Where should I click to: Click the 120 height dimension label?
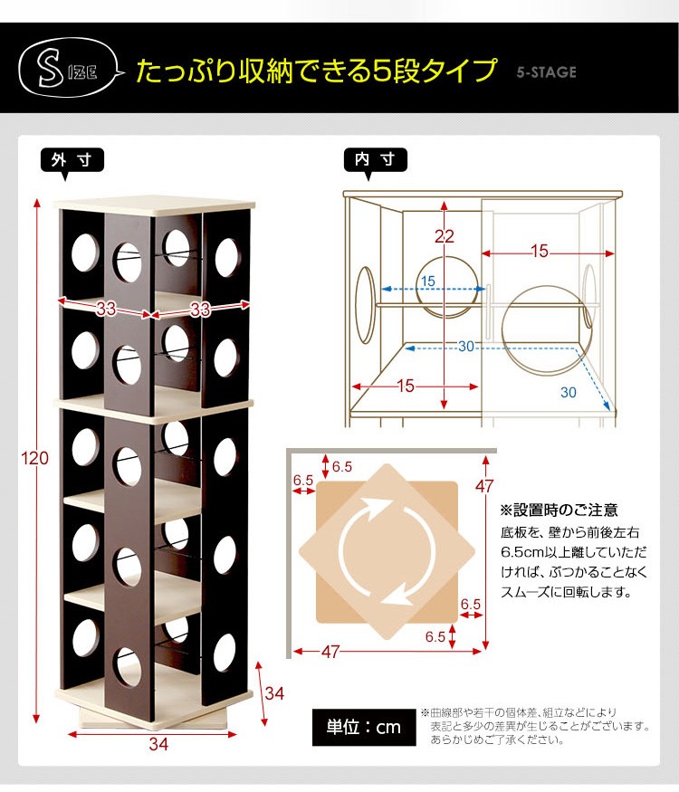coord(35,458)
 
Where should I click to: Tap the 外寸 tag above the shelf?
coord(72,160)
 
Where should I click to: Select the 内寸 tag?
coord(375,159)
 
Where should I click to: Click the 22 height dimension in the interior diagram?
coord(445,236)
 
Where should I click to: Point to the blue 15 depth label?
coord(428,281)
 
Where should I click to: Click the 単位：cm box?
coord(364,728)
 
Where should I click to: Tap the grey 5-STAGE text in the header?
coord(546,72)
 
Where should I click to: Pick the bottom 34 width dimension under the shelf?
coord(158,743)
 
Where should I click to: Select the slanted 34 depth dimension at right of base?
coord(274,693)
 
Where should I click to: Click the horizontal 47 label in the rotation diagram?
coord(330,652)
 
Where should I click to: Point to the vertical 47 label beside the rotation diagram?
coord(484,486)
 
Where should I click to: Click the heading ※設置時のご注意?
coord(559,511)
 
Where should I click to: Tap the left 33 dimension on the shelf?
coord(106,308)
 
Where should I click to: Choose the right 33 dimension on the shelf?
coord(200,310)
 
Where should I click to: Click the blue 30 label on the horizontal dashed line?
coord(466,347)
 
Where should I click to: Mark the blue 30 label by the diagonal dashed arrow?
coord(569,393)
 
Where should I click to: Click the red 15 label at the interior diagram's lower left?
coord(406,386)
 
